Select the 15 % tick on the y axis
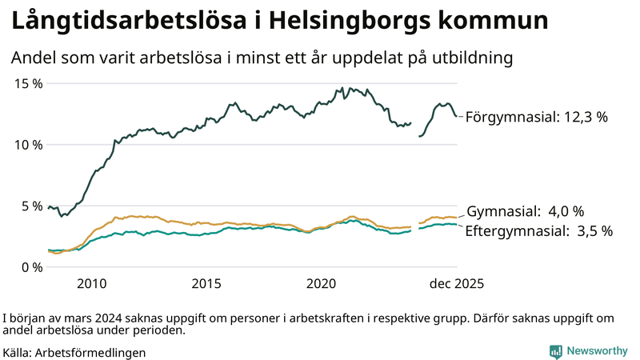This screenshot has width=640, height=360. click(x=27, y=83)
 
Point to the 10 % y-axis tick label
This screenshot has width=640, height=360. click(x=27, y=144)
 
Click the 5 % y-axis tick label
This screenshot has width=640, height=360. click(x=30, y=206)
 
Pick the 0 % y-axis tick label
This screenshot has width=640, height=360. click(x=30, y=266)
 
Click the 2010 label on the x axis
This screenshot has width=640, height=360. click(x=91, y=283)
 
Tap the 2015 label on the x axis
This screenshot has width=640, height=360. click(x=206, y=283)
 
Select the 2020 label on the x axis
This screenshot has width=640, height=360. click(x=322, y=283)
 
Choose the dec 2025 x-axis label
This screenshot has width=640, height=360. click(x=456, y=283)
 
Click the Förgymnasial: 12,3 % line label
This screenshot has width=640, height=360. click(x=537, y=117)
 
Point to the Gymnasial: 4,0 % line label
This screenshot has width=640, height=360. click(x=525, y=212)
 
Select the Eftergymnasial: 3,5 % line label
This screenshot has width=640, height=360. click(x=539, y=231)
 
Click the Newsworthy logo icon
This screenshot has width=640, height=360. click(x=555, y=351)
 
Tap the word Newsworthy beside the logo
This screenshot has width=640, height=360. click(x=597, y=351)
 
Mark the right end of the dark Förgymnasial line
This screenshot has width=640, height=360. click(x=456, y=116)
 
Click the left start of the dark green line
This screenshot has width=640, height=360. click(x=49, y=207)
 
